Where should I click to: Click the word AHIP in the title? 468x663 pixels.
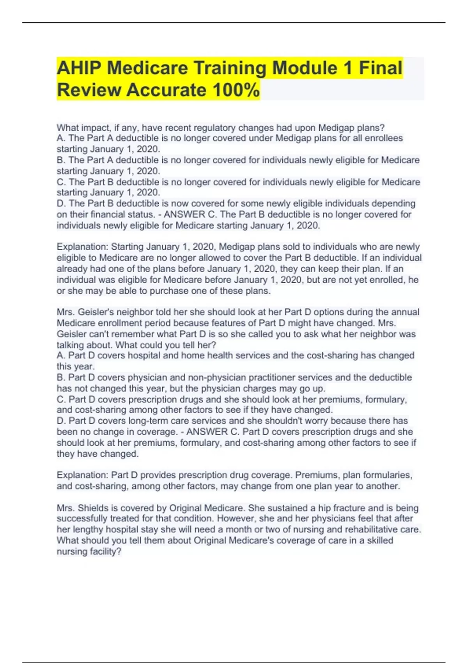point(79,68)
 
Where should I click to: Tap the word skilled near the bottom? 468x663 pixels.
point(380,541)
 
